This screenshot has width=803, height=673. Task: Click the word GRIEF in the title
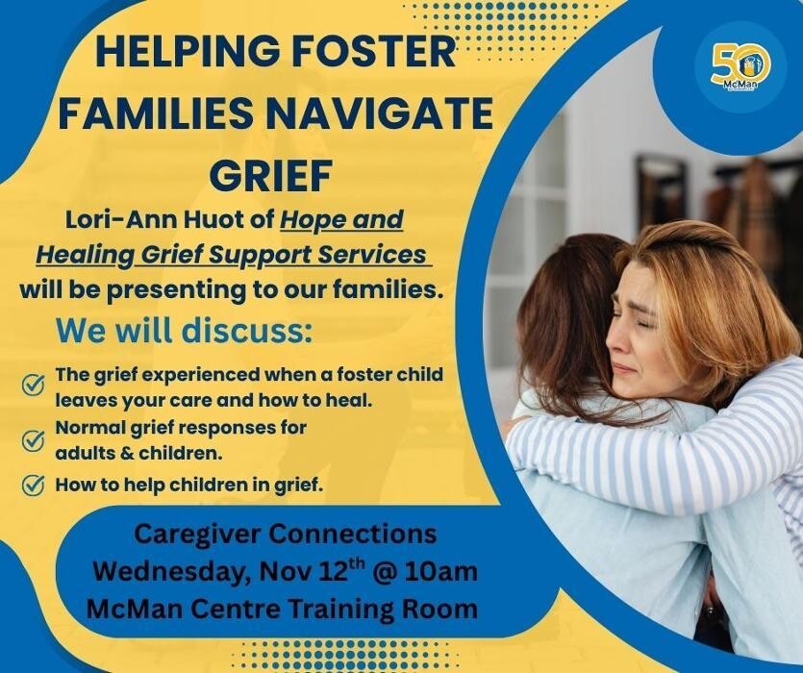pos(269,177)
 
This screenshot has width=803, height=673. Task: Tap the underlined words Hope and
pos(341,219)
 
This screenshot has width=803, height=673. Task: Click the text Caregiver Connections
pos(285,534)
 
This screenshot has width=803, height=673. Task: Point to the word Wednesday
pos(167,571)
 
